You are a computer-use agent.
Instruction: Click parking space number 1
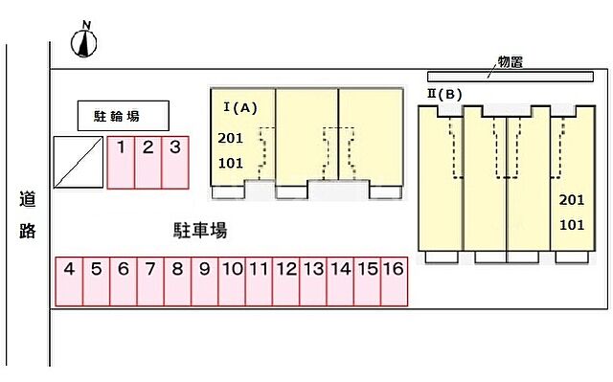[x=121, y=162]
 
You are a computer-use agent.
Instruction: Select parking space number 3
[x=175, y=162]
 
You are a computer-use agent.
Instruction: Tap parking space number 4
[x=69, y=281]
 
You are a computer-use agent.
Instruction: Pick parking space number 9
[x=204, y=281]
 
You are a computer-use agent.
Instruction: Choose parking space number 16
[x=394, y=281]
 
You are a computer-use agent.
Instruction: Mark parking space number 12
[x=285, y=281]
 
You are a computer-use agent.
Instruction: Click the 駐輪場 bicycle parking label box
[x=124, y=116]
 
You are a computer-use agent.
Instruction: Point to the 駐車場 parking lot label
[x=199, y=230]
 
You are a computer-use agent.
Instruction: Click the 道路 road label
[x=27, y=215]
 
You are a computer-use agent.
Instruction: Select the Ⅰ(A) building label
[x=240, y=107]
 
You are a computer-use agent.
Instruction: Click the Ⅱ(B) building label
[x=445, y=94]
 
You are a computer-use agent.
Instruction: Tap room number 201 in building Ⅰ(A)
[x=231, y=138]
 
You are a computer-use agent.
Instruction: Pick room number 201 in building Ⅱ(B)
[x=570, y=200]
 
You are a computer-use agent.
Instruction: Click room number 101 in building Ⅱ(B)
[x=570, y=225]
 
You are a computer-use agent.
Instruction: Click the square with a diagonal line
[x=78, y=162]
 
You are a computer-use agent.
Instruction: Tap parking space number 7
[x=150, y=281]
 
